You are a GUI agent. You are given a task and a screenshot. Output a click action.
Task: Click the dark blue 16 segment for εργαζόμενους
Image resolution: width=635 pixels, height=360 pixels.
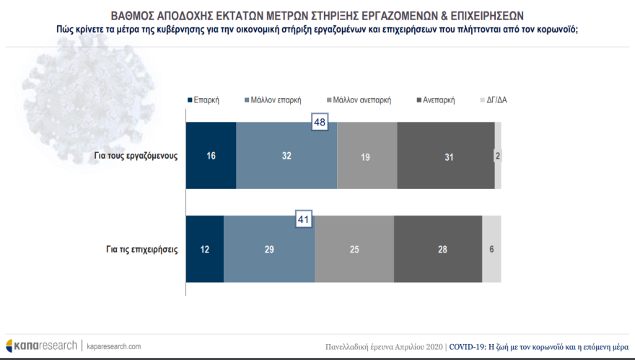[211, 155]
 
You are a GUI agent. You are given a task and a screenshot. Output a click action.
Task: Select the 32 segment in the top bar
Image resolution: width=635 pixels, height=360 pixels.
[286, 155]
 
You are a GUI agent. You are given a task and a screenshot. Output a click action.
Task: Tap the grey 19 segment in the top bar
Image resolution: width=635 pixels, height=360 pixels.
[367, 155]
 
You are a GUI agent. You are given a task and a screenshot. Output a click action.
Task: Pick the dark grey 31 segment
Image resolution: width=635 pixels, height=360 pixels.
[445, 155]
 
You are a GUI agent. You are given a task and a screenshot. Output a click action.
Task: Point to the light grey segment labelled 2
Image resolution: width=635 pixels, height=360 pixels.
[497, 155]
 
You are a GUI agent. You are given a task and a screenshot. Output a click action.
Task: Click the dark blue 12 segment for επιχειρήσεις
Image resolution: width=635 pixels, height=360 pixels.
[204, 249]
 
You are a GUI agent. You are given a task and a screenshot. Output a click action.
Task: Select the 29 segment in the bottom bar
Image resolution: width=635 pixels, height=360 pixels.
[269, 249]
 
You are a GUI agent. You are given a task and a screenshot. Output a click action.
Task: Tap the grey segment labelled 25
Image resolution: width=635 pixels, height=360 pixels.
[354, 249]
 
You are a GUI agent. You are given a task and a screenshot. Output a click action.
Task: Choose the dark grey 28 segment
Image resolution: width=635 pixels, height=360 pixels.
[438, 249]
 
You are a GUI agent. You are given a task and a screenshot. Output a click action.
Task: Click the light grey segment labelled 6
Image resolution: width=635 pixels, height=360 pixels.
[491, 249]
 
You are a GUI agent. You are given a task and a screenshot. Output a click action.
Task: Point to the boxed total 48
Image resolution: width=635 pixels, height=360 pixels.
[320, 123]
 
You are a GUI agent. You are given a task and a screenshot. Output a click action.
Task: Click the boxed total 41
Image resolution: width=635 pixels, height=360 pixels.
[304, 218]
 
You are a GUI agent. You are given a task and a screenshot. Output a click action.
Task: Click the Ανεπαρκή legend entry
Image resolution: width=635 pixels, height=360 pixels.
[435, 100]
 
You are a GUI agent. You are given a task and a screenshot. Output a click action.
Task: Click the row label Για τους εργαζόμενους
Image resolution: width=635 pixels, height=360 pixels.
[136, 155]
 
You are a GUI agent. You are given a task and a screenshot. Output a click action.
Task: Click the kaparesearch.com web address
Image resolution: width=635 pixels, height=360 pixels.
[114, 346]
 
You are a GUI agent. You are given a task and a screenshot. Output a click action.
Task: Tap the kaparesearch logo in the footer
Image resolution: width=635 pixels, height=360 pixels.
[41, 346]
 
